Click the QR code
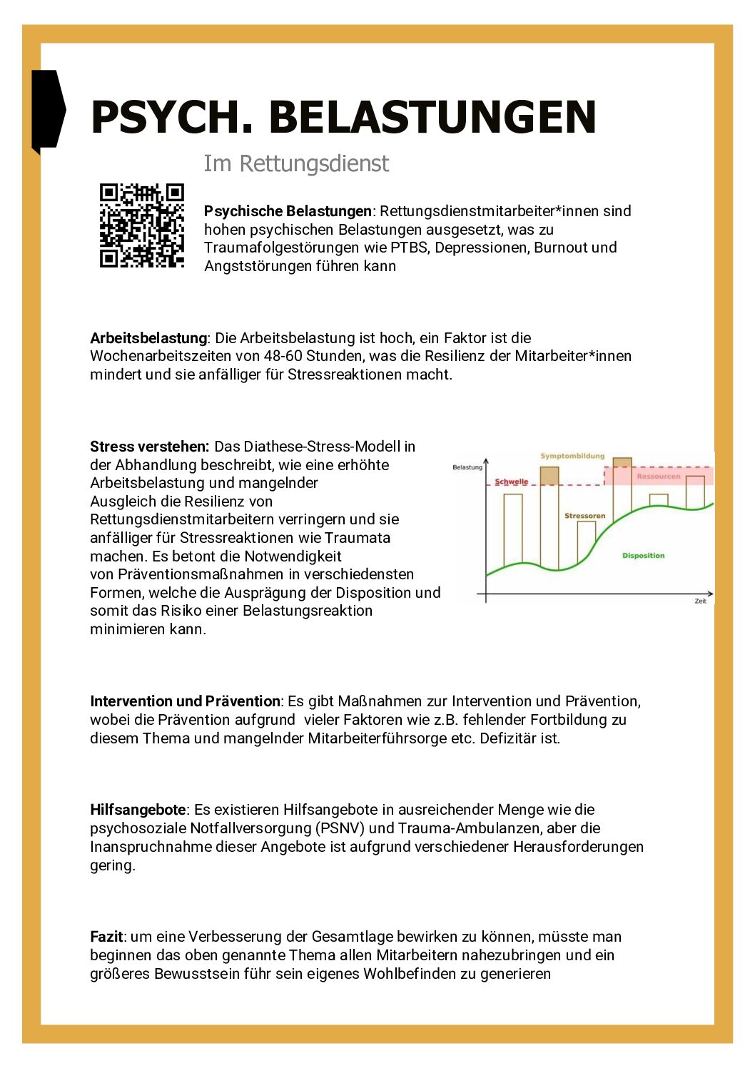141,225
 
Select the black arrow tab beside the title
47,111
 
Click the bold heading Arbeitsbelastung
148,338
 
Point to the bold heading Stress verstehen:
149,447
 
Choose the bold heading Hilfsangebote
138,810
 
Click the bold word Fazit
106,937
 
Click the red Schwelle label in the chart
511,482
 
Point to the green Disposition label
643,556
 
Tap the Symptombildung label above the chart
572,456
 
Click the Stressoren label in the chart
584,516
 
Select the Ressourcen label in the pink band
659,476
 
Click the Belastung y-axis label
467,467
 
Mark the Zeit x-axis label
700,601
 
